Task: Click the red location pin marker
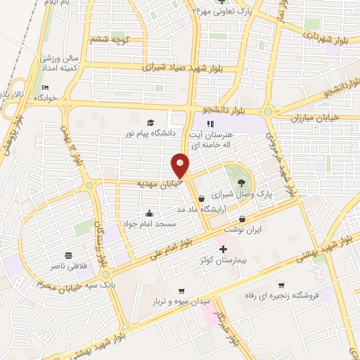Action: [x=180, y=166]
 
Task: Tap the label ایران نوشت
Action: [x=242, y=229]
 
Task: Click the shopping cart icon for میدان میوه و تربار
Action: [x=181, y=291]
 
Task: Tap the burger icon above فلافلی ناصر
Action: [x=67, y=256]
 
